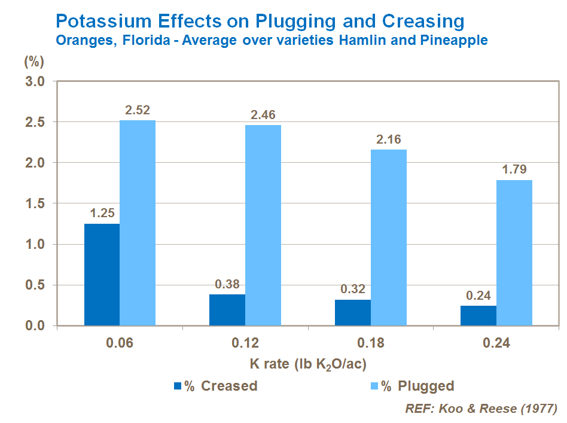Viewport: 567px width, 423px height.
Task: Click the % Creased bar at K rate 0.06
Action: click(x=102, y=275)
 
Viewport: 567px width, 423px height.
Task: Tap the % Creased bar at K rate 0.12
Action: click(x=227, y=310)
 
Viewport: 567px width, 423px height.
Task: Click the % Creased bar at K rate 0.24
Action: click(x=478, y=315)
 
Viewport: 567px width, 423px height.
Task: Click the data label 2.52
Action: click(x=137, y=111)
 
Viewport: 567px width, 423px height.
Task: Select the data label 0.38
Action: click(x=227, y=284)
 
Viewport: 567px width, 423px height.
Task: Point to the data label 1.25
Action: click(x=102, y=214)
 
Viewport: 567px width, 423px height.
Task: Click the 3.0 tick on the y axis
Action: click(x=35, y=81)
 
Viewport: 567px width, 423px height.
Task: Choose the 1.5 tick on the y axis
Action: click(x=35, y=203)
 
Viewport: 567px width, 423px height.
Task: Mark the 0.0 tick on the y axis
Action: click(x=35, y=326)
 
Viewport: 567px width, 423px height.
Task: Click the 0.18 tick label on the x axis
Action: click(x=371, y=343)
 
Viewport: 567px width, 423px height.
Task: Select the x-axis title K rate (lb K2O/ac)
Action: click(x=308, y=364)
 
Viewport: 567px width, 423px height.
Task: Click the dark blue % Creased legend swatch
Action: click(x=178, y=386)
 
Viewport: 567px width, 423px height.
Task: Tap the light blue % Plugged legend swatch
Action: click(x=374, y=386)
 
